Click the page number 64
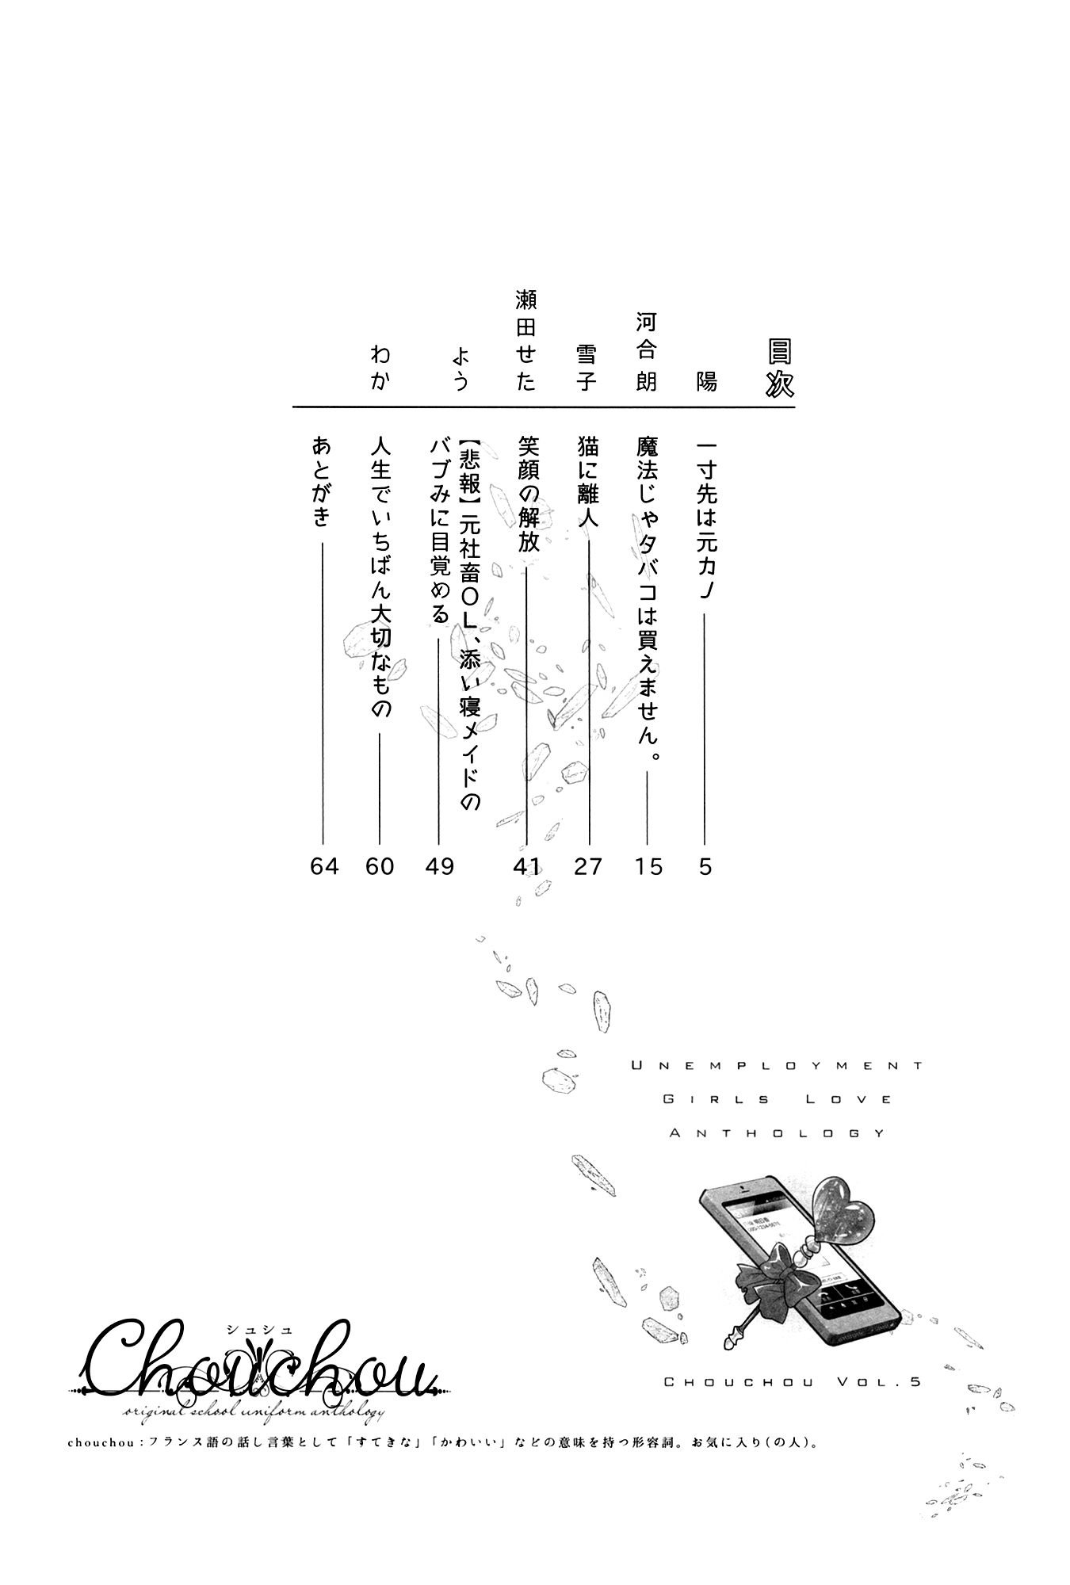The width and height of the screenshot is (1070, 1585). click(x=324, y=867)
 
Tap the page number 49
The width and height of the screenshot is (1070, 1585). click(x=439, y=867)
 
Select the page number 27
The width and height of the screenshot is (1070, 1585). click(x=588, y=867)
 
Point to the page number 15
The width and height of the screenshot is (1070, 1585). click(x=648, y=867)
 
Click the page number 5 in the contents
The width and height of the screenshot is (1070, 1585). click(x=705, y=867)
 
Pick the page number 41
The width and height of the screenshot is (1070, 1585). click(x=526, y=867)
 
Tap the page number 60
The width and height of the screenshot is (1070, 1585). click(x=380, y=867)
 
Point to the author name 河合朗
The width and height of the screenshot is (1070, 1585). click(x=648, y=352)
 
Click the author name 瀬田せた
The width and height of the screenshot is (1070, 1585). click(x=526, y=340)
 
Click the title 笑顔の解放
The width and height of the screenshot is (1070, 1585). click(x=528, y=494)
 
